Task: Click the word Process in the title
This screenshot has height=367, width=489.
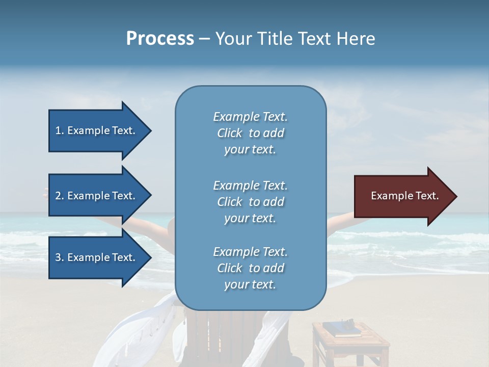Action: coord(160,39)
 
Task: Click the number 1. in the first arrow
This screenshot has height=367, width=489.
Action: coord(60,130)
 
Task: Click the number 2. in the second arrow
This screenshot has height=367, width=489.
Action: coord(60,196)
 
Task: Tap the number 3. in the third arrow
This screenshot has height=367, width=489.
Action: coord(60,257)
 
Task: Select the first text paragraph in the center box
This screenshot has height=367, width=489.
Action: coord(250,133)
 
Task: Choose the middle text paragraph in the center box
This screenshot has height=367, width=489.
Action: coord(250,201)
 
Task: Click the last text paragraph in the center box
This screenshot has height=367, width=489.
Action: coord(250,268)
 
